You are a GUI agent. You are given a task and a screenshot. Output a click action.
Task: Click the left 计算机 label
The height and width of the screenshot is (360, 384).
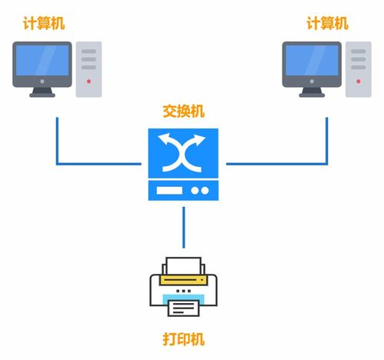44,24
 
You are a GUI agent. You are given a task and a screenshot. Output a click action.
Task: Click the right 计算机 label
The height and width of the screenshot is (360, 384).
327,24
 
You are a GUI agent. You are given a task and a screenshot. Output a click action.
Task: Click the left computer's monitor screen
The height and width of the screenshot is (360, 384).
43,65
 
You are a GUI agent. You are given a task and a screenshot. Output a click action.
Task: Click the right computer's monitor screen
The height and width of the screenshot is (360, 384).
312,65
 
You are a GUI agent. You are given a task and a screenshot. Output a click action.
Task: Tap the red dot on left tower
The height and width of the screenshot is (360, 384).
89,81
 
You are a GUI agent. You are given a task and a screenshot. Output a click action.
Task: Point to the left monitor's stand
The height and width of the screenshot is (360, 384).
43,92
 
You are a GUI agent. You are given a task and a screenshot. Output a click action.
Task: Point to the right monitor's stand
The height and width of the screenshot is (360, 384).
312,92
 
